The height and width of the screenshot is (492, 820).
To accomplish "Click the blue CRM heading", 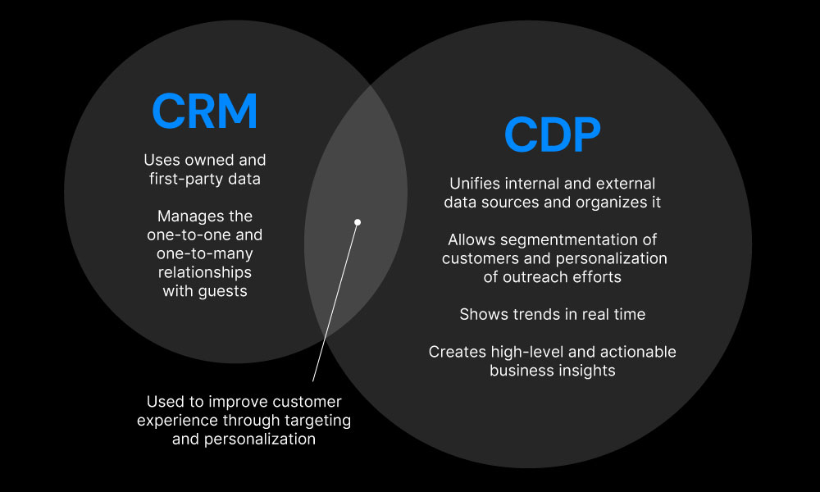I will (x=205, y=111).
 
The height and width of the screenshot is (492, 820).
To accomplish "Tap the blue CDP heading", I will (x=552, y=134).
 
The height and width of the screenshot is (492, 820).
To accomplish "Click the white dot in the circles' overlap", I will (x=358, y=222).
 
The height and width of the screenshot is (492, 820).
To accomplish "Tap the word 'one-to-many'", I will (x=205, y=253).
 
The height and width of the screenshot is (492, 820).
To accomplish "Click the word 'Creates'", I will (x=453, y=352).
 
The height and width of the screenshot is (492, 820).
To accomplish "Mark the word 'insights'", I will (x=585, y=371).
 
